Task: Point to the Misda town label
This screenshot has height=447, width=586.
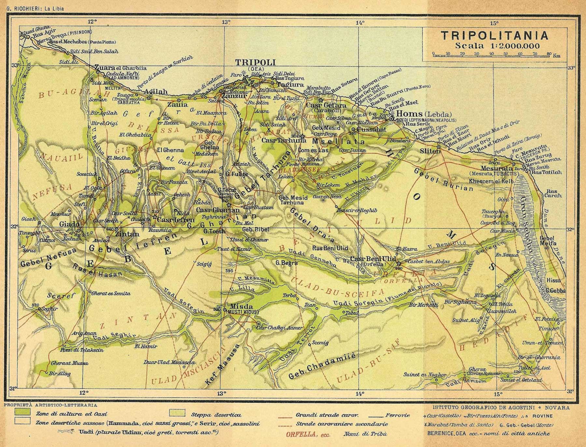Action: pyautogui.click(x=241, y=307)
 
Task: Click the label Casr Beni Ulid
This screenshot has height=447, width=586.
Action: pyautogui.click(x=373, y=259)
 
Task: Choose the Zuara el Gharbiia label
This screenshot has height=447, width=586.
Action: pyautogui.click(x=120, y=68)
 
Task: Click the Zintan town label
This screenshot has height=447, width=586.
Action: pyautogui.click(x=127, y=234)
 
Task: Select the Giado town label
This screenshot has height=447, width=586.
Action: pyautogui.click(x=69, y=224)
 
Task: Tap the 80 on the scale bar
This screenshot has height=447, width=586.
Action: pyautogui.click(x=549, y=54)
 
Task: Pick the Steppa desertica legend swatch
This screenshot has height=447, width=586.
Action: pyautogui.click(x=177, y=413)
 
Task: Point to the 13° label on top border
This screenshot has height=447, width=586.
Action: pyautogui.click(x=226, y=22)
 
